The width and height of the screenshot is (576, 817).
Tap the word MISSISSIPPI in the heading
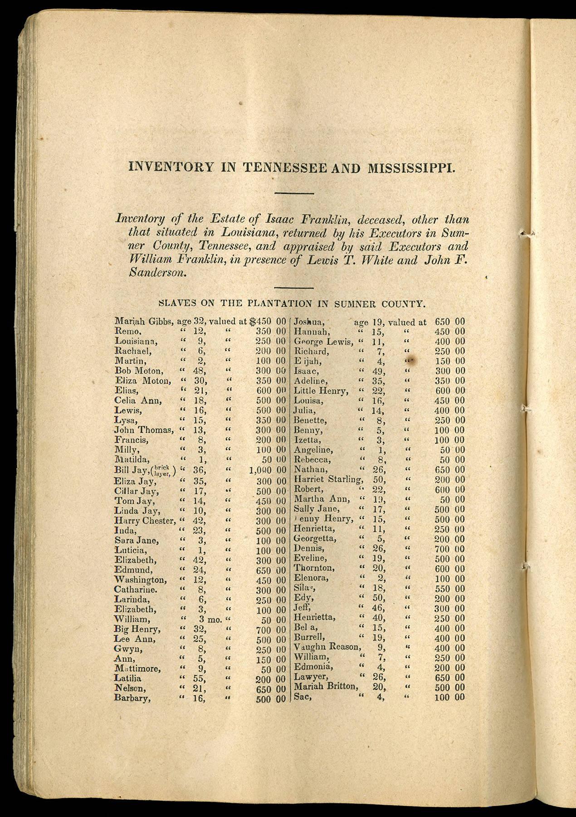[411, 168]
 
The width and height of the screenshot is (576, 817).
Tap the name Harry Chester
[145, 521]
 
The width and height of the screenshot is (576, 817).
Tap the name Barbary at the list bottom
[132, 698]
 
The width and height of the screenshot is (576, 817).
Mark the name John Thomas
[144, 430]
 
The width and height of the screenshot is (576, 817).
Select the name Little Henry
[321, 391]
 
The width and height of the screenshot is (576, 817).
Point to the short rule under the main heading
[294, 194]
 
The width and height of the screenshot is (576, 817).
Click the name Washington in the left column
[140, 580]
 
